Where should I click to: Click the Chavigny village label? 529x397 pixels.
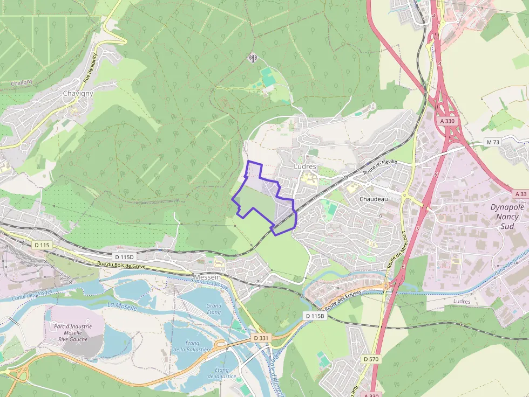pyautogui.click(x=78, y=93)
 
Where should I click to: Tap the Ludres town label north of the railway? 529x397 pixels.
pyautogui.click(x=305, y=166)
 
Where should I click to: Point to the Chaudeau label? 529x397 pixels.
pyautogui.click(x=374, y=199)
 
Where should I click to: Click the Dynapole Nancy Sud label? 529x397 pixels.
pyautogui.click(x=507, y=217)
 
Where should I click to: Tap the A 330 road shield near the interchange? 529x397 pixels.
pyautogui.click(x=447, y=121)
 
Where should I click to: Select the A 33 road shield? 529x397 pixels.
pyautogui.click(x=520, y=193)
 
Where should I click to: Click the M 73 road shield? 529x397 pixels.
pyautogui.click(x=493, y=142)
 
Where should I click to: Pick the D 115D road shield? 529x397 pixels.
pyautogui.click(x=124, y=257)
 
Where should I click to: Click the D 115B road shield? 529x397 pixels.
pyautogui.click(x=314, y=316)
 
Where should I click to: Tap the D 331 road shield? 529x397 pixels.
pyautogui.click(x=261, y=338)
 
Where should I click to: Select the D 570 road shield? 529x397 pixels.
pyautogui.click(x=370, y=359)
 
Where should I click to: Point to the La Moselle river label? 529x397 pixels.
pyautogui.click(x=123, y=306)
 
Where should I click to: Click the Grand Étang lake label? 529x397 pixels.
pyautogui.click(x=214, y=309)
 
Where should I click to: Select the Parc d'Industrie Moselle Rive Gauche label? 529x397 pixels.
pyautogui.click(x=73, y=332)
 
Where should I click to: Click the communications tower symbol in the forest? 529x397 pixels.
pyautogui.click(x=252, y=57)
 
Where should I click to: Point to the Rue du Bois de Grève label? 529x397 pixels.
pyautogui.click(x=122, y=266)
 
